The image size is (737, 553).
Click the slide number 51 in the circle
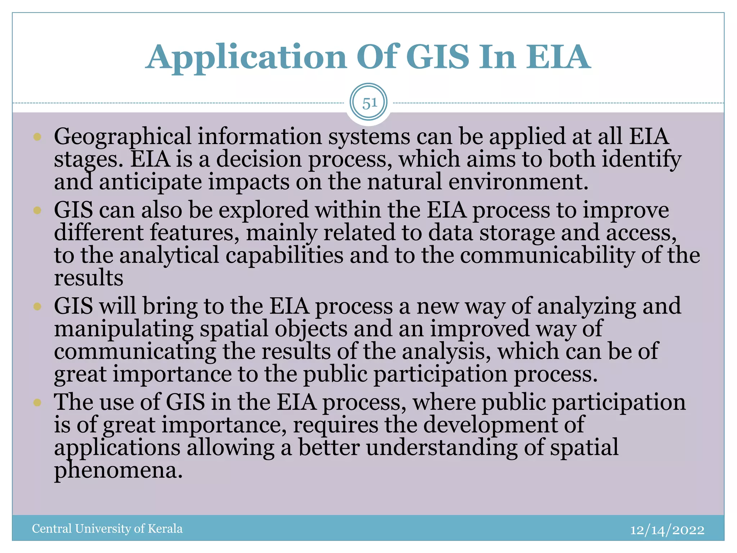369,103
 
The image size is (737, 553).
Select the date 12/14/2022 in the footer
667,530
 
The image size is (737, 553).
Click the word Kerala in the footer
165,529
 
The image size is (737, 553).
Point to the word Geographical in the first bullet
122,137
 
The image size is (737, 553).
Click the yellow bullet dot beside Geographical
37,137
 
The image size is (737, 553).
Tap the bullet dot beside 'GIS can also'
37,210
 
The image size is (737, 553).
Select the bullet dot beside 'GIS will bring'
37,306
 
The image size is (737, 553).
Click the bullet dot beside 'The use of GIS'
37,402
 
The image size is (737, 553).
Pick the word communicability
547,256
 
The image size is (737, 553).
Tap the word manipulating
123,329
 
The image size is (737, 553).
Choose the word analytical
169,256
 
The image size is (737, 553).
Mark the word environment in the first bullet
515,182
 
